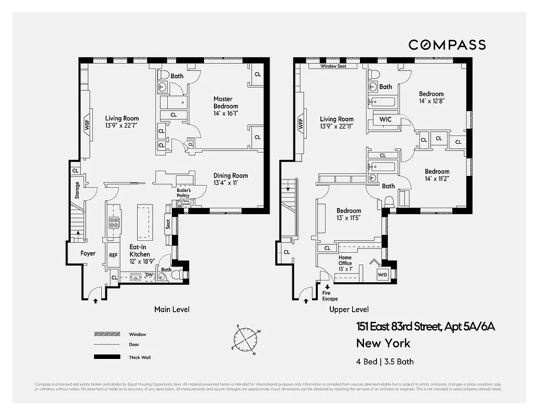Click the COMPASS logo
point(447,45)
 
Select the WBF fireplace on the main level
point(87,125)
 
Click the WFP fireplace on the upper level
point(301,125)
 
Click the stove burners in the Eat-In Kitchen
point(114,223)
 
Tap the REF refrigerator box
point(113,255)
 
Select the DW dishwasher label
point(149,275)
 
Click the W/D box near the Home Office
point(382,274)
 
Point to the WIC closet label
point(385,120)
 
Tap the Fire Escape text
point(330,296)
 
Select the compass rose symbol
point(247,340)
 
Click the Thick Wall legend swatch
point(106,357)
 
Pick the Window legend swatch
point(106,334)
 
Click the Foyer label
point(88,254)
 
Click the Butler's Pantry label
point(184,193)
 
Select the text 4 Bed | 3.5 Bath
point(385,362)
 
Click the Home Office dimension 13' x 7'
point(345,269)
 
